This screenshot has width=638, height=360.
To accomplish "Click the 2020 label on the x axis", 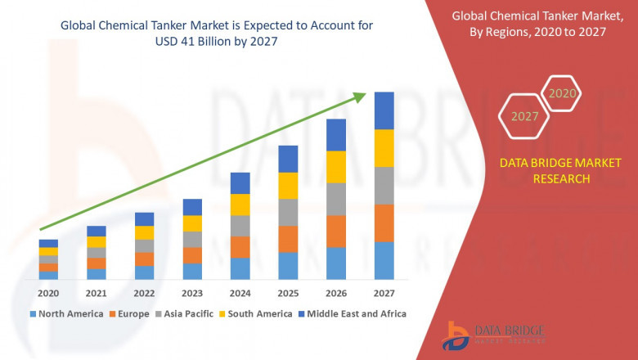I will click(48, 293).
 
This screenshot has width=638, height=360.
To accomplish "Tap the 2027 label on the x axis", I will click(384, 293).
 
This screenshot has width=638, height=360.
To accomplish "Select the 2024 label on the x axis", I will click(240, 293).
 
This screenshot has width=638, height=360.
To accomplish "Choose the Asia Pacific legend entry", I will click(186, 313).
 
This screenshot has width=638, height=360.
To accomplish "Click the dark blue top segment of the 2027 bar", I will click(384, 110).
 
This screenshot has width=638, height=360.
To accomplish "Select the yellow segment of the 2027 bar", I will click(384, 148).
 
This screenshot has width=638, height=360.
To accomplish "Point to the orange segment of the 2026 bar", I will click(336, 232).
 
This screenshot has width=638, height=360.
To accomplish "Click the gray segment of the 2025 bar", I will click(288, 212).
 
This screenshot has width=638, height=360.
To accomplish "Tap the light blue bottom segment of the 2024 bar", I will click(240, 269).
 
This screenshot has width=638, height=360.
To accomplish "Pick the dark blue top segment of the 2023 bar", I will click(192, 207).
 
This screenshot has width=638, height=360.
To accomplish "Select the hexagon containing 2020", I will click(562, 93).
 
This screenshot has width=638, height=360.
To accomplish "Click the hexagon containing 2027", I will click(524, 116).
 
